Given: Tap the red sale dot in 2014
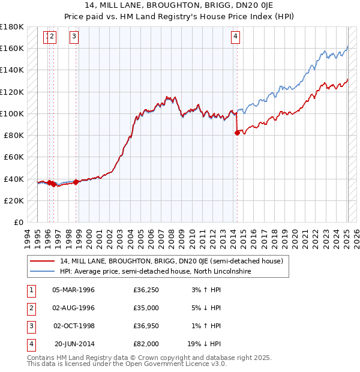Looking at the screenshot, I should pos(237,133).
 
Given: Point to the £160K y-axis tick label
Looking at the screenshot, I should pos(12,48).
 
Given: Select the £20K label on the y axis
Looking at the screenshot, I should pos(14,200).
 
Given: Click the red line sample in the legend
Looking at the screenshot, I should pos(42,261).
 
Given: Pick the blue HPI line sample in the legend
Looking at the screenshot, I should pos(42,271).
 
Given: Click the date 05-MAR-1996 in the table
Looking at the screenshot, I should pos(74,290).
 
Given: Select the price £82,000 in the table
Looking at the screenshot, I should pos(146,344).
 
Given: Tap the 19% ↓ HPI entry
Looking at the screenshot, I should pos(204,344).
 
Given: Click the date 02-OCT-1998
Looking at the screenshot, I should pos(74,326).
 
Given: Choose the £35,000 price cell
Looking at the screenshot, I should pos(146,308).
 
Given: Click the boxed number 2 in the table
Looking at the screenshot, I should pos(31,308).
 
